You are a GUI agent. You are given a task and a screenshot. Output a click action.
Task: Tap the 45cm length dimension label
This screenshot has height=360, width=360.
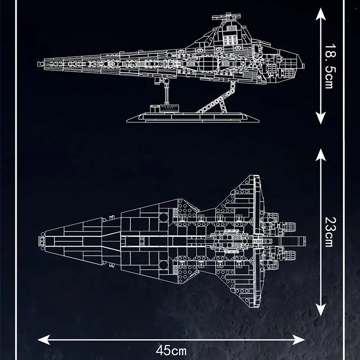tap(171, 349)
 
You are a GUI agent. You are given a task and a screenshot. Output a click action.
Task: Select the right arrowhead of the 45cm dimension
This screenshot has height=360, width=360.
tap(302, 338)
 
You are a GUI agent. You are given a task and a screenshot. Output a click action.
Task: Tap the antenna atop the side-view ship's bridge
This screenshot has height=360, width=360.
tap(221, 18)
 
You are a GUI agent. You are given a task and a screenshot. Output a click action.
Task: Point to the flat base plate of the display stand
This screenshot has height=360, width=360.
tap(193, 118)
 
